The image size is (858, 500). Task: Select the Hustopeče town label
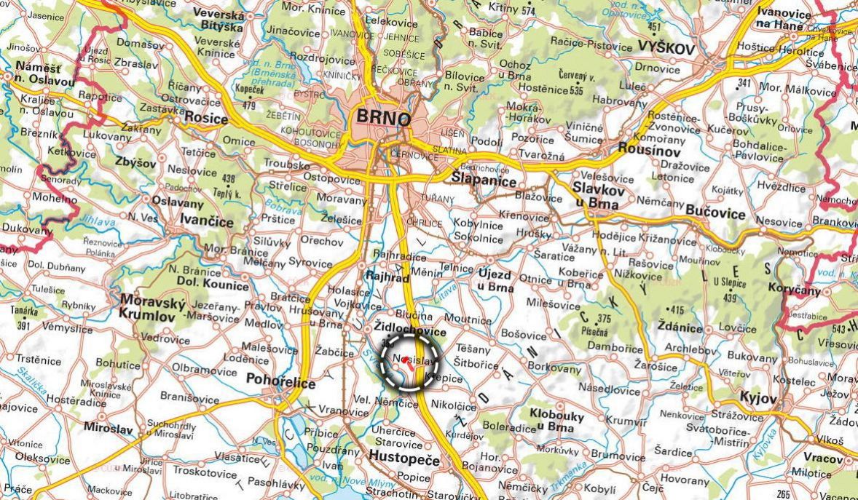click(x=404, y=459)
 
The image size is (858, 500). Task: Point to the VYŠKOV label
click(x=666, y=48)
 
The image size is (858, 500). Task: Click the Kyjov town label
click(x=757, y=398)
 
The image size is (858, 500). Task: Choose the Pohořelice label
click(x=281, y=382)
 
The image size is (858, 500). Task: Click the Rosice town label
click(x=206, y=116)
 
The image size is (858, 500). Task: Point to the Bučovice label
click(x=715, y=213)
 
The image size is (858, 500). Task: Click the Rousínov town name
click(x=649, y=148)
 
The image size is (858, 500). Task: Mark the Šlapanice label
click(x=484, y=181)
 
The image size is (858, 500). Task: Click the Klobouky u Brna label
click(x=556, y=421)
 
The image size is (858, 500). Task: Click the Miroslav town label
click(x=109, y=428)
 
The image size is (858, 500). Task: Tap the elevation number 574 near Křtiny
click(x=528, y=11)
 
